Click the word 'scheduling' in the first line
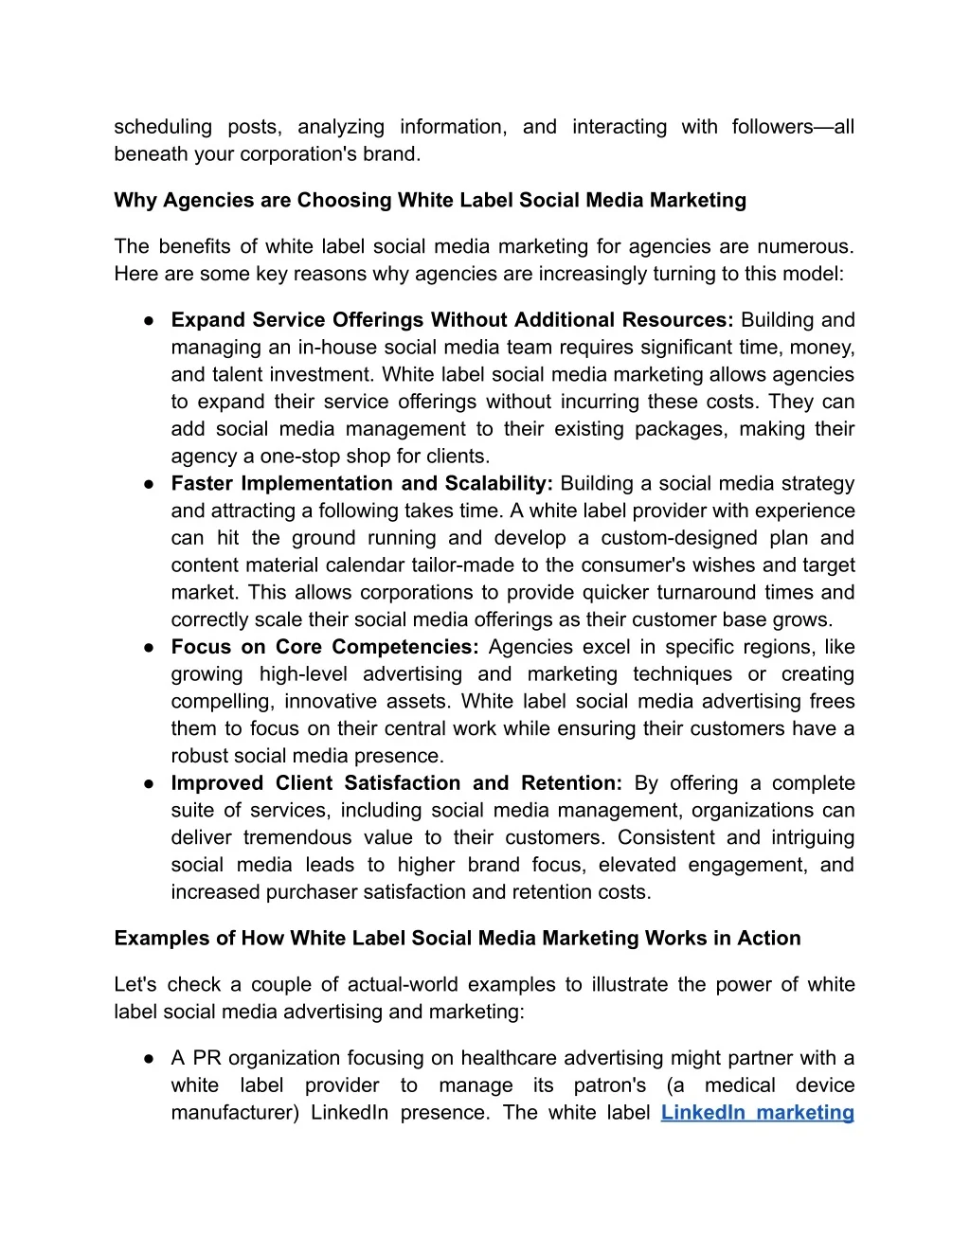pyautogui.click(x=163, y=127)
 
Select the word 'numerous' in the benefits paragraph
pyautogui.click(x=813, y=247)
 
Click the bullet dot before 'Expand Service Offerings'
pyautogui.click(x=150, y=320)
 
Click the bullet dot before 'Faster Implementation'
pyautogui.click(x=150, y=484)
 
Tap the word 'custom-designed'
pyautogui.click(x=685, y=538)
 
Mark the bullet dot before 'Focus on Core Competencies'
pyautogui.click(x=150, y=648)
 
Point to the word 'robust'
pyautogui.click(x=199, y=757)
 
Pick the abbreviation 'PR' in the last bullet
pyautogui.click(x=207, y=1059)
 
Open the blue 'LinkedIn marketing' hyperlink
pyautogui.click(x=757, y=1113)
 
